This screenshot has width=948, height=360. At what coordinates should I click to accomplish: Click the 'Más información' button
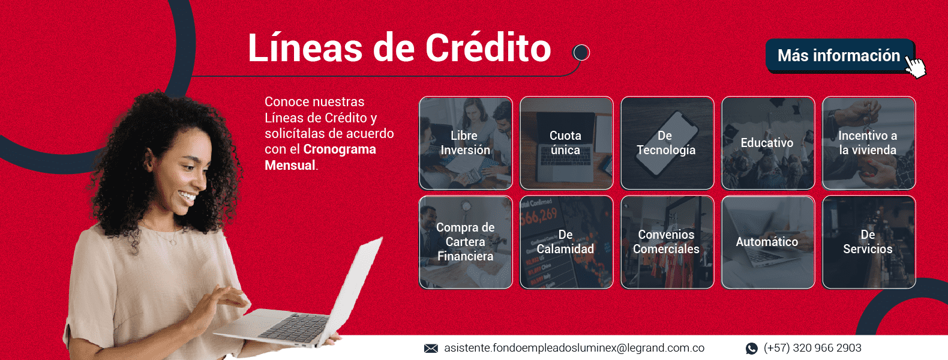tap(840, 56)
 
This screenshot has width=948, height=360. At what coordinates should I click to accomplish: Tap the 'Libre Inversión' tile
tap(466, 143)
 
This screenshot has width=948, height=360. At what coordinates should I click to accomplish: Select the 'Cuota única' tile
tap(566, 143)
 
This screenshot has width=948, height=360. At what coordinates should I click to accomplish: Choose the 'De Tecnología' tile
tap(667, 143)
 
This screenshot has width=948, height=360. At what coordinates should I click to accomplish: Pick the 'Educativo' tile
tap(768, 143)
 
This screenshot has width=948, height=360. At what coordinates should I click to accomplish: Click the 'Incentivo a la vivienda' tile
tap(868, 143)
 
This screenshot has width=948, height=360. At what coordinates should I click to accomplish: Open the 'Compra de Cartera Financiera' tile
tap(466, 242)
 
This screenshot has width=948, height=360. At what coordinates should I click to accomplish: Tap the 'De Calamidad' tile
tap(566, 242)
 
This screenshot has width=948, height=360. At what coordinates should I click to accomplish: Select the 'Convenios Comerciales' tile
tap(667, 242)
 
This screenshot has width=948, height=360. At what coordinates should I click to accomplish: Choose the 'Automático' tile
tap(768, 242)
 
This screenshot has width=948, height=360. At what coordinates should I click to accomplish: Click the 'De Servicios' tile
tap(868, 242)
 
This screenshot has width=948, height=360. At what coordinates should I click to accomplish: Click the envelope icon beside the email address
tap(431, 348)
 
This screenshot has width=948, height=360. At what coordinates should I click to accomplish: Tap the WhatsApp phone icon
tap(752, 348)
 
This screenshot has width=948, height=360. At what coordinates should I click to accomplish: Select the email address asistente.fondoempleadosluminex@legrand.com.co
tap(574, 348)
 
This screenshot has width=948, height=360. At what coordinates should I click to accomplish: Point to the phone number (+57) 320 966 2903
tap(812, 348)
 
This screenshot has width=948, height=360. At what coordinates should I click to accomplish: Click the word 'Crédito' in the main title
tap(488, 48)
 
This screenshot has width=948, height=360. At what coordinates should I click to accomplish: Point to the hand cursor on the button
tap(916, 67)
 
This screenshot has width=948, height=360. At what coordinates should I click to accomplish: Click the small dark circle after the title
tap(581, 52)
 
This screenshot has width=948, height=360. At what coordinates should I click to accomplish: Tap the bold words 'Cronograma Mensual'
tap(320, 157)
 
